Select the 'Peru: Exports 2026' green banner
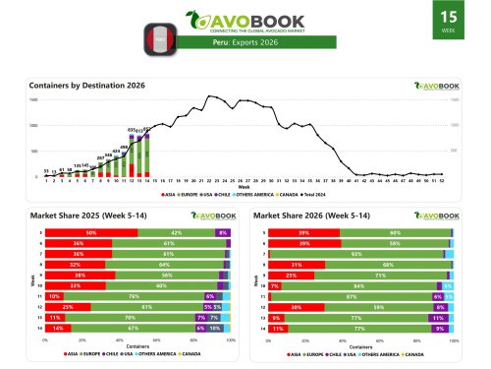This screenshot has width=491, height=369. click(x=245, y=43)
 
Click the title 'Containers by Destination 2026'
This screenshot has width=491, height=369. click(x=87, y=86)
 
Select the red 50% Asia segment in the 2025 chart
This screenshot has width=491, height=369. click(x=91, y=233)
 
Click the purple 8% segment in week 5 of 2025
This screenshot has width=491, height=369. click(x=222, y=233)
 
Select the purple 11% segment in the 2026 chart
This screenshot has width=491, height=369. click(x=436, y=317)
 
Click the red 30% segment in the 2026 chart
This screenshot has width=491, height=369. click(x=296, y=306)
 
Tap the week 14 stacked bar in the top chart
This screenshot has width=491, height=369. click(x=147, y=154)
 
